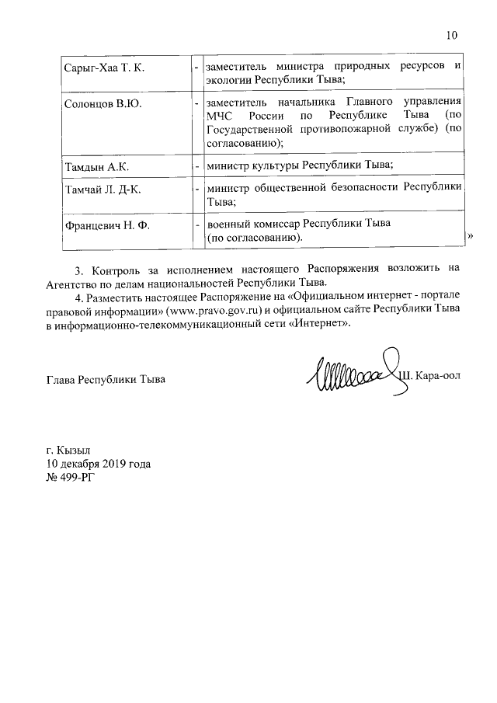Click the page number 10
point(452,35)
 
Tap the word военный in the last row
point(227,224)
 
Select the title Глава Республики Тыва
point(106,380)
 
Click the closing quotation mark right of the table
point(470,235)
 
